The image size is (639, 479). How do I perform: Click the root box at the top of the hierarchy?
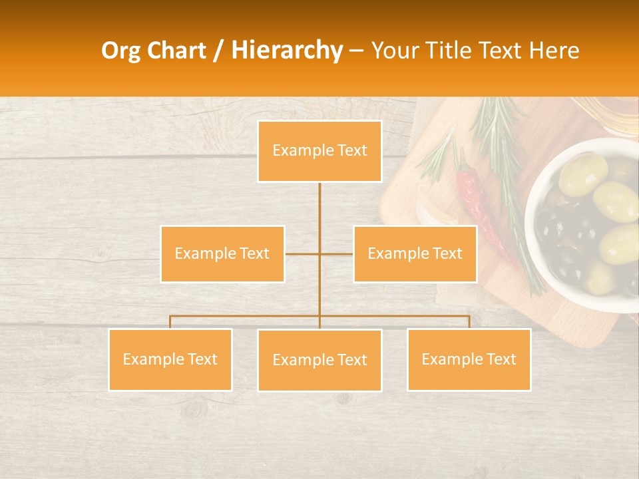click(x=319, y=151)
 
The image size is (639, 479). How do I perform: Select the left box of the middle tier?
click(x=222, y=253)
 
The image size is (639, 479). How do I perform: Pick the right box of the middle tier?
click(x=415, y=253)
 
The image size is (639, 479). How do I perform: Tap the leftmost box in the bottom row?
click(x=170, y=359)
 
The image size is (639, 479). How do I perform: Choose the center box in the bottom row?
click(x=319, y=360)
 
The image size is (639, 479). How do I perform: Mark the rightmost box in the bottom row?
click(x=469, y=359)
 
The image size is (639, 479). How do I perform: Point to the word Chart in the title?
click(x=175, y=51)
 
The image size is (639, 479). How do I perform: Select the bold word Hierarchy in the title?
click(x=286, y=51)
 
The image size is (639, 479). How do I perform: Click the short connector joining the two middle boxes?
click(x=319, y=253)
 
